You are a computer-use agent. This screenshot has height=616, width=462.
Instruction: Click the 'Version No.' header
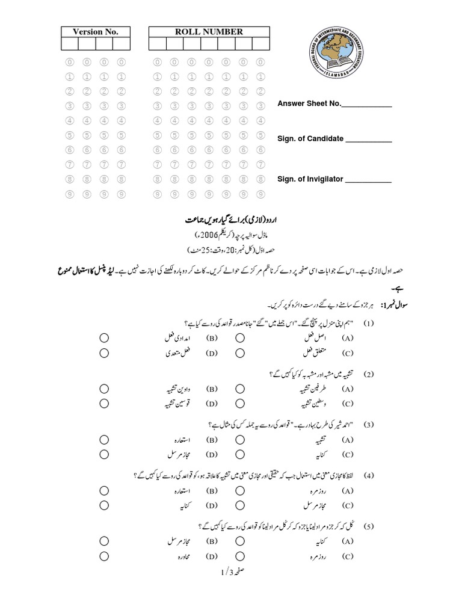tap(96, 31)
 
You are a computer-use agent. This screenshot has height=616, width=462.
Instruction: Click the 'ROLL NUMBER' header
tap(209, 31)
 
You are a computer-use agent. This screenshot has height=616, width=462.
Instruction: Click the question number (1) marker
tap(368, 324)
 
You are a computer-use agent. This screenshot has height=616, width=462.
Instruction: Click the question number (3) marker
tap(368, 425)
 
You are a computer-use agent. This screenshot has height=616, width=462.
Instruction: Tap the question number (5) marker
tap(368, 527)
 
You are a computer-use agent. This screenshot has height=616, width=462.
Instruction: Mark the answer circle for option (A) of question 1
tap(239, 338)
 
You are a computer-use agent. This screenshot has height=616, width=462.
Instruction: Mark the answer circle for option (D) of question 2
tap(104, 404)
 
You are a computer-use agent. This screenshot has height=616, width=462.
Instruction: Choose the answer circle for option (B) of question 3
tap(104, 440)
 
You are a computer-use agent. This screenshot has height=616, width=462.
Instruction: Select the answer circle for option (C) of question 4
tap(239, 505)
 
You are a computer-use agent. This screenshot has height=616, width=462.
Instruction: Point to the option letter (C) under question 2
tap(347, 404)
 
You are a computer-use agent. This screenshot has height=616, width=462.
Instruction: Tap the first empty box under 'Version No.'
tap(69, 43)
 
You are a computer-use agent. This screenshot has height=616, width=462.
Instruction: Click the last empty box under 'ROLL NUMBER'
tap(260, 43)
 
